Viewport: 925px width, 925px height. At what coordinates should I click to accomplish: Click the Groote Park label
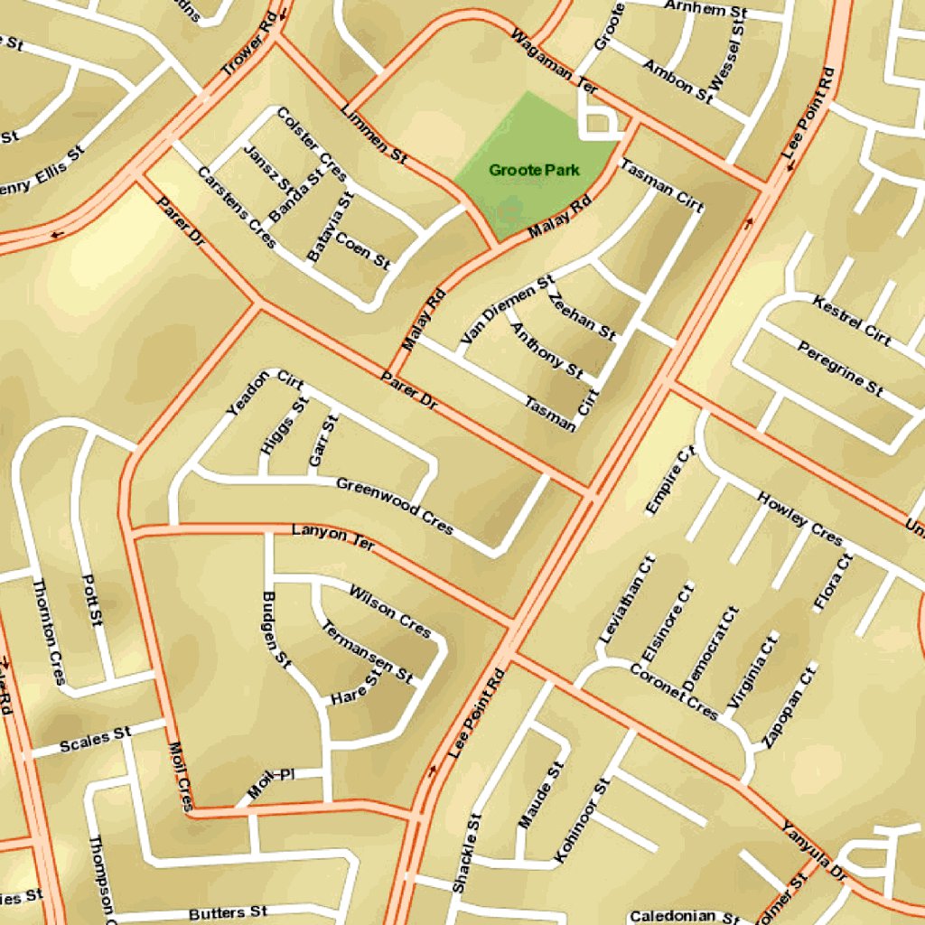534,170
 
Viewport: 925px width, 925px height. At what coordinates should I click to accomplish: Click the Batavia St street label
329,228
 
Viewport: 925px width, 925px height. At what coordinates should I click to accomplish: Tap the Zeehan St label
583,316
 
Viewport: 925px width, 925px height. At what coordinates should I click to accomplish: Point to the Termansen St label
367,650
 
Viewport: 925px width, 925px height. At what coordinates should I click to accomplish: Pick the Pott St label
92,599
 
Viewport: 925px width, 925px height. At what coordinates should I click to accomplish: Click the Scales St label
95,741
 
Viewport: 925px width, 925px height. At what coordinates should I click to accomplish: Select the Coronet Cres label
673,692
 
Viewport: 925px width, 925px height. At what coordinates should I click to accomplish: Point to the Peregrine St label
840,369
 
